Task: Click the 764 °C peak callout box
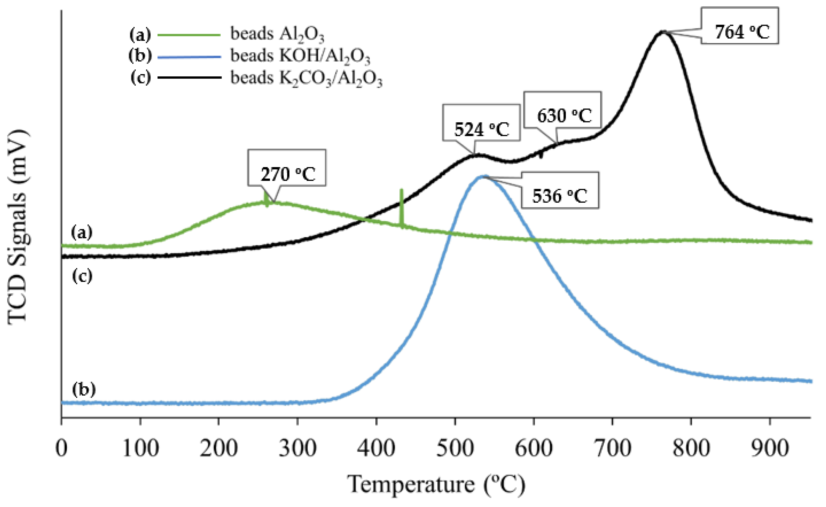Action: tap(739, 26)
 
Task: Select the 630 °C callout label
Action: tap(562, 110)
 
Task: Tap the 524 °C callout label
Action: tap(481, 123)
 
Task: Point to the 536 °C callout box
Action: tap(560, 190)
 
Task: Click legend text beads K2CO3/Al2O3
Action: tap(306, 78)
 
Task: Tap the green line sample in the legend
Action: tap(189, 34)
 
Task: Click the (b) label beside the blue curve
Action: tap(84, 389)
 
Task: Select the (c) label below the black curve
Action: tap(82, 277)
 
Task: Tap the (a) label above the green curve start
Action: tap(81, 232)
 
